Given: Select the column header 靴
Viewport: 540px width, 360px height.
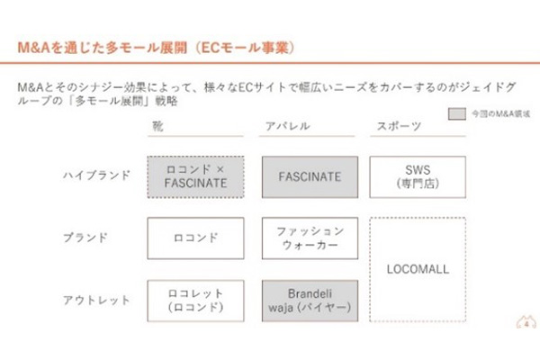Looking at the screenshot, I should (x=157, y=126).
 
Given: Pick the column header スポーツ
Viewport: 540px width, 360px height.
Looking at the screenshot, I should (x=395, y=126).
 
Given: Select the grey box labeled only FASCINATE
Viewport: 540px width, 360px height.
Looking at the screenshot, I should (x=309, y=176).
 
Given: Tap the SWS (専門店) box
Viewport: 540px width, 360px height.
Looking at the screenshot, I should (x=418, y=176).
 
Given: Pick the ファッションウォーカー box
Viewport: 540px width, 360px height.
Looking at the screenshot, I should (x=309, y=238).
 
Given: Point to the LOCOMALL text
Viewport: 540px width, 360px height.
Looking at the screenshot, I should (x=418, y=268).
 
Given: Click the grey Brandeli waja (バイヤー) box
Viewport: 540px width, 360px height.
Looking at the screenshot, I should (x=309, y=300).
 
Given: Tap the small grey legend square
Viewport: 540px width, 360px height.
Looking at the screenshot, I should (x=457, y=114).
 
